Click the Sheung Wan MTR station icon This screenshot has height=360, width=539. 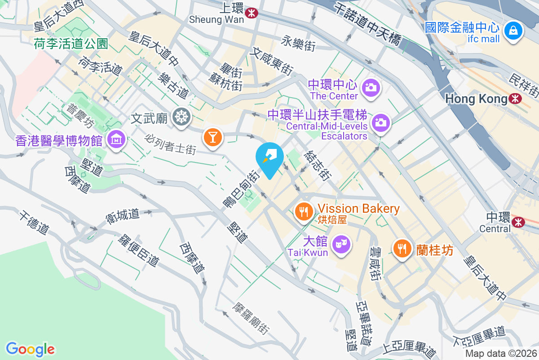point(252,13)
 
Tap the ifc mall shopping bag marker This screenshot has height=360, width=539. point(512,31)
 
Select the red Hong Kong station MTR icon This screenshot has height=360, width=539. point(516,98)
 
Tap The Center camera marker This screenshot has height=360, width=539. point(371,87)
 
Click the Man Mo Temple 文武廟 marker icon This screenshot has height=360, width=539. point(182,117)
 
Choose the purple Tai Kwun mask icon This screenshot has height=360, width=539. point(341,245)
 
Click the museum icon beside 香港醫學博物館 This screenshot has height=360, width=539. point(116,140)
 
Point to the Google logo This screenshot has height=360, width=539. point(30,349)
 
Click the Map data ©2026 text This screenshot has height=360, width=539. point(501,354)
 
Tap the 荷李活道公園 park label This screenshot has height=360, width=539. point(71,44)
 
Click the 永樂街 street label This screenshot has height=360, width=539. point(299,44)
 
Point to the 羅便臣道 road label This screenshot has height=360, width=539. point(138,250)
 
